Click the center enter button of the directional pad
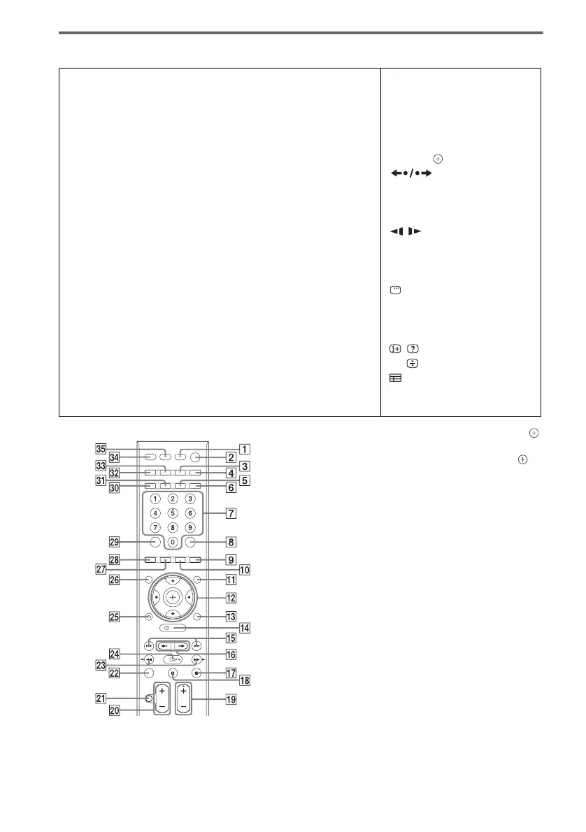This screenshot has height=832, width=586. click(172, 598)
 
